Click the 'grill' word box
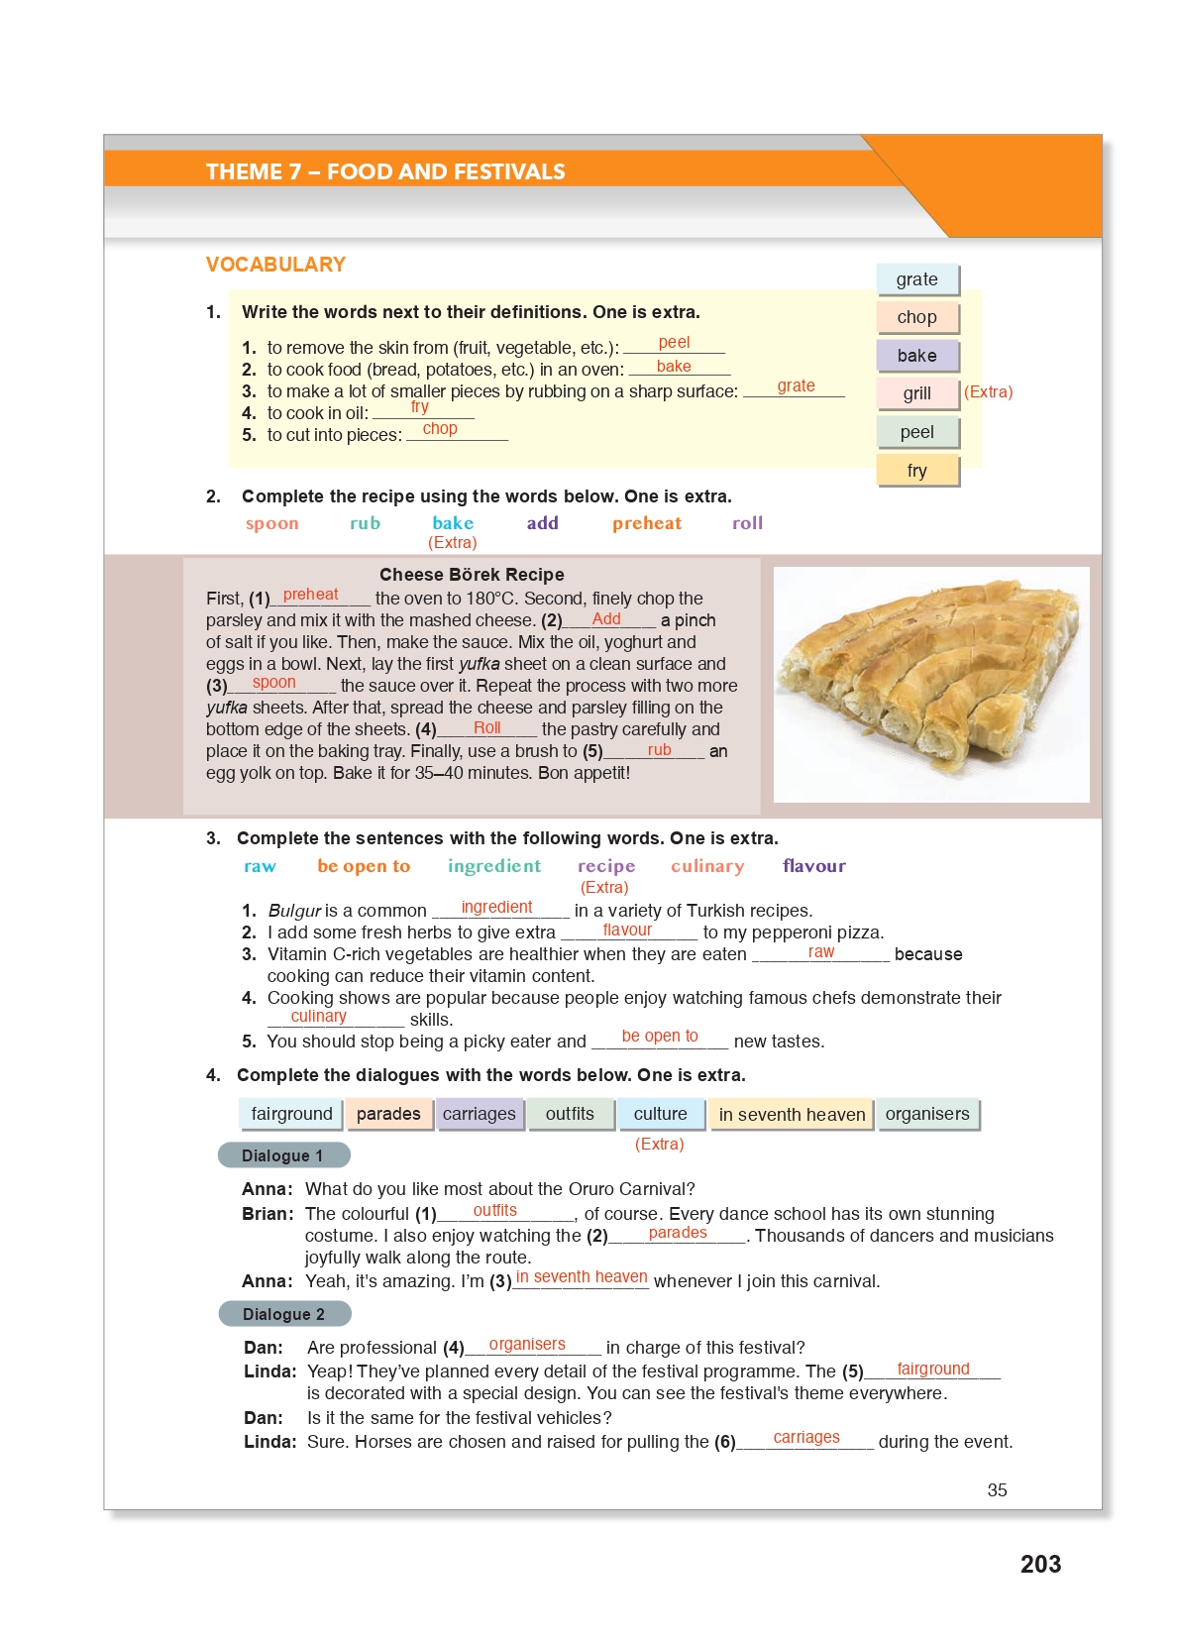click(x=917, y=393)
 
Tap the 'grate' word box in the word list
click(x=917, y=279)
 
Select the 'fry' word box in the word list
click(x=917, y=471)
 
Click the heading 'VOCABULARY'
click(x=275, y=265)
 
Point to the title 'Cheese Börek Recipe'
click(x=472, y=575)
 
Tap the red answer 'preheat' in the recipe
click(x=310, y=595)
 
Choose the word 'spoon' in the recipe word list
click(x=271, y=523)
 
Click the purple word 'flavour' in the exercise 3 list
click(x=813, y=866)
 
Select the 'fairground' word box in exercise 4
click(x=291, y=1114)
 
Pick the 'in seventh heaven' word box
click(x=792, y=1115)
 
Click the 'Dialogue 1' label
click(x=283, y=1155)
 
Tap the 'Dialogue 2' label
click(x=284, y=1314)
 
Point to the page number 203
click(x=1040, y=1564)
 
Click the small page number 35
click(x=997, y=1490)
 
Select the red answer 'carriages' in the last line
click(x=805, y=1438)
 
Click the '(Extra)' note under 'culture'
click(x=660, y=1144)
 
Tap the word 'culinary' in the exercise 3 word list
click(x=706, y=866)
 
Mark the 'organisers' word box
click(x=927, y=1114)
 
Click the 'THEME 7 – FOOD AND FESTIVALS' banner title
click(x=385, y=172)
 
